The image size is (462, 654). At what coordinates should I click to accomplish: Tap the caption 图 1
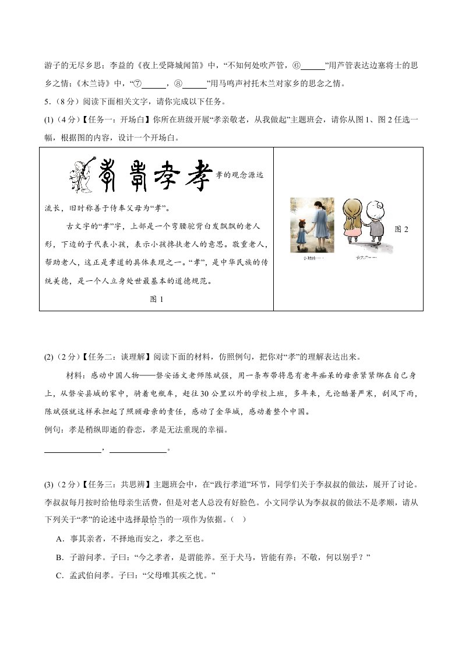point(157,299)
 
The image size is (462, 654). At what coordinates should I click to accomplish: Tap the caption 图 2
point(401,229)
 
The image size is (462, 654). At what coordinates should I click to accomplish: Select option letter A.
point(59,538)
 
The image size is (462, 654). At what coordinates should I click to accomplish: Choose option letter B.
point(59,557)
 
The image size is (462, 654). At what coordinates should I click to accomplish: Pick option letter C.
point(59,576)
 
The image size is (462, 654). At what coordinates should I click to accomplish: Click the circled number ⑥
point(297,65)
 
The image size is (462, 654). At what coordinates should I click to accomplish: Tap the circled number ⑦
point(137,83)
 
